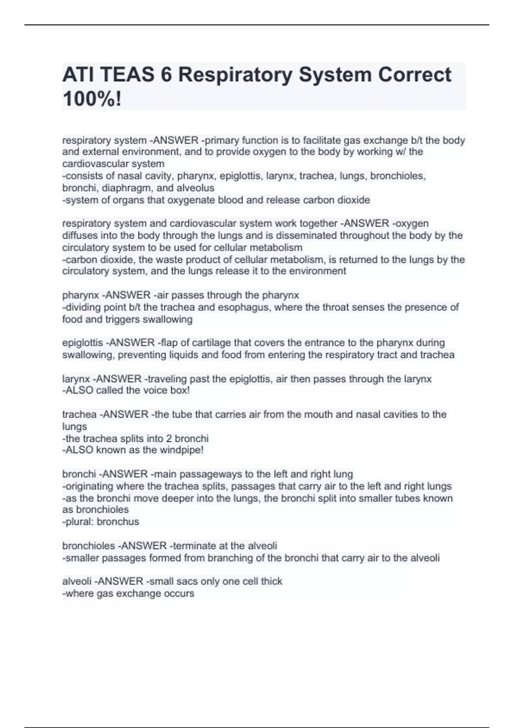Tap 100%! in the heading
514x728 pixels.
(x=92, y=99)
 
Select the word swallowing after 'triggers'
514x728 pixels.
(x=167, y=319)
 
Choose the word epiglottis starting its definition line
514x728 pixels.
(x=82, y=343)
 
